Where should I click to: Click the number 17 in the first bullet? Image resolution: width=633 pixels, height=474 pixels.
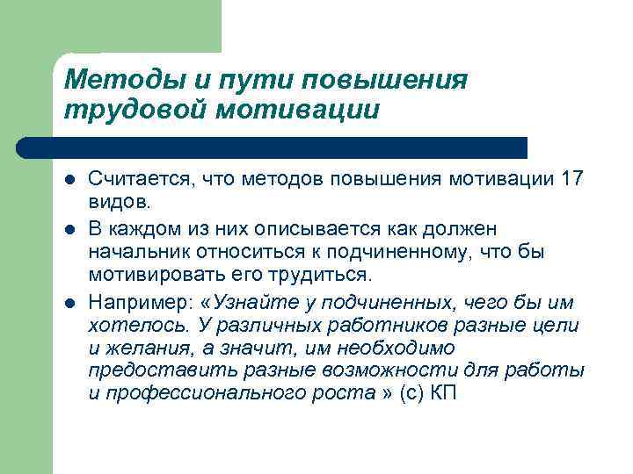click(x=570, y=179)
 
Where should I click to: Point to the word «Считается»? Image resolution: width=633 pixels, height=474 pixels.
click(x=140, y=179)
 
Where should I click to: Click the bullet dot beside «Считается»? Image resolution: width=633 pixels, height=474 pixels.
click(x=69, y=180)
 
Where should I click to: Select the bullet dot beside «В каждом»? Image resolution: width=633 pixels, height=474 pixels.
click(x=69, y=229)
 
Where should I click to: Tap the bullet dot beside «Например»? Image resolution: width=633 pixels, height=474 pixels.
click(x=69, y=303)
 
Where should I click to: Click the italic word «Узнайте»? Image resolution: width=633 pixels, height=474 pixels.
click(x=255, y=303)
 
